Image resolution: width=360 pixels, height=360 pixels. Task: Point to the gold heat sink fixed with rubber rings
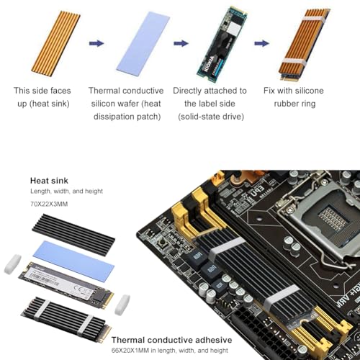(303, 42)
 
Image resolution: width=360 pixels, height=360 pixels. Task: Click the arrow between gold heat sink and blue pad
(96, 43)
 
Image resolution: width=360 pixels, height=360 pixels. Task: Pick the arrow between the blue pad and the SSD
(181, 43)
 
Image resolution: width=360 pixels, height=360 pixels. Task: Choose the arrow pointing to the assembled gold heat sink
(261, 43)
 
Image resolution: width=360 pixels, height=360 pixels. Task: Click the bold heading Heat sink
(50, 181)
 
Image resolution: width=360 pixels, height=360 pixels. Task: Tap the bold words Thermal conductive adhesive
(171, 340)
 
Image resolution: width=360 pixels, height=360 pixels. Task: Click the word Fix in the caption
(271, 91)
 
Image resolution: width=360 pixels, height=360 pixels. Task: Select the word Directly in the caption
(189, 91)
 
